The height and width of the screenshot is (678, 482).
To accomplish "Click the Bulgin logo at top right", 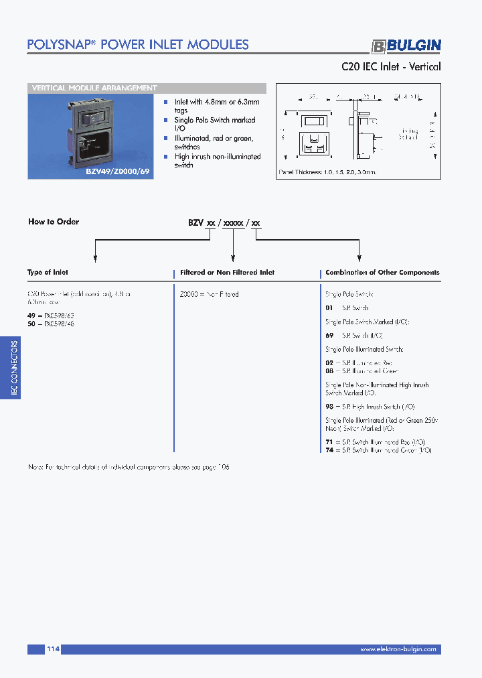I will point(406,46).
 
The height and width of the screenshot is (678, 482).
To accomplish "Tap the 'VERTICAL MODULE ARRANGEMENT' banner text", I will point(94,88).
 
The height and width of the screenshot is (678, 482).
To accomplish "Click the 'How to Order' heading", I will point(53,222).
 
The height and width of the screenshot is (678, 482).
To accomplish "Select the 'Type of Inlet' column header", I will point(48,273).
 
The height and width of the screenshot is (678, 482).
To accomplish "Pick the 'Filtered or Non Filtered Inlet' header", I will point(228,273).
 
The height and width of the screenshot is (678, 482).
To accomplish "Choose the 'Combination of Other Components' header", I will point(382,273).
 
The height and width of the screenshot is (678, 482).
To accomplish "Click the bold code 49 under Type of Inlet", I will point(31,314).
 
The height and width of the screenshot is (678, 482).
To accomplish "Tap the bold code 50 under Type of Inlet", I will point(31,324).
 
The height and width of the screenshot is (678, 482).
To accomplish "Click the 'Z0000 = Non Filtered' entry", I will point(209,294).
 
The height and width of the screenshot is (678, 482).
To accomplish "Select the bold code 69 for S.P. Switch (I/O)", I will point(329,334).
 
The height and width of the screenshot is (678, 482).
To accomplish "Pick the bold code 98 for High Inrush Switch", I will point(329,407).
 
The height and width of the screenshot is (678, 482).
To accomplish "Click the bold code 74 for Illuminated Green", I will point(329,451).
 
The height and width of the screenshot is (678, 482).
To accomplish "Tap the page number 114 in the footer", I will point(54,649).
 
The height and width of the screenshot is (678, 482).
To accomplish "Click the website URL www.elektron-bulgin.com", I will point(398,649).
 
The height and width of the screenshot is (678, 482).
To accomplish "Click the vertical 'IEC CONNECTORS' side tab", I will point(15,368).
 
